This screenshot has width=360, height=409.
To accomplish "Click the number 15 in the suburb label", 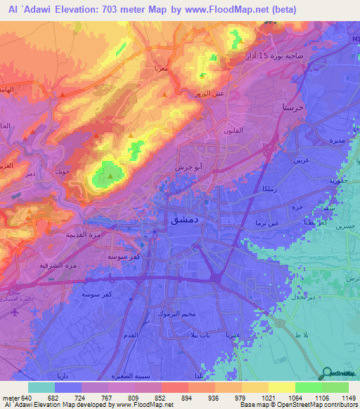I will pos(264,56).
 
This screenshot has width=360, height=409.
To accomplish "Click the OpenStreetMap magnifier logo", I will pos(326,372).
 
